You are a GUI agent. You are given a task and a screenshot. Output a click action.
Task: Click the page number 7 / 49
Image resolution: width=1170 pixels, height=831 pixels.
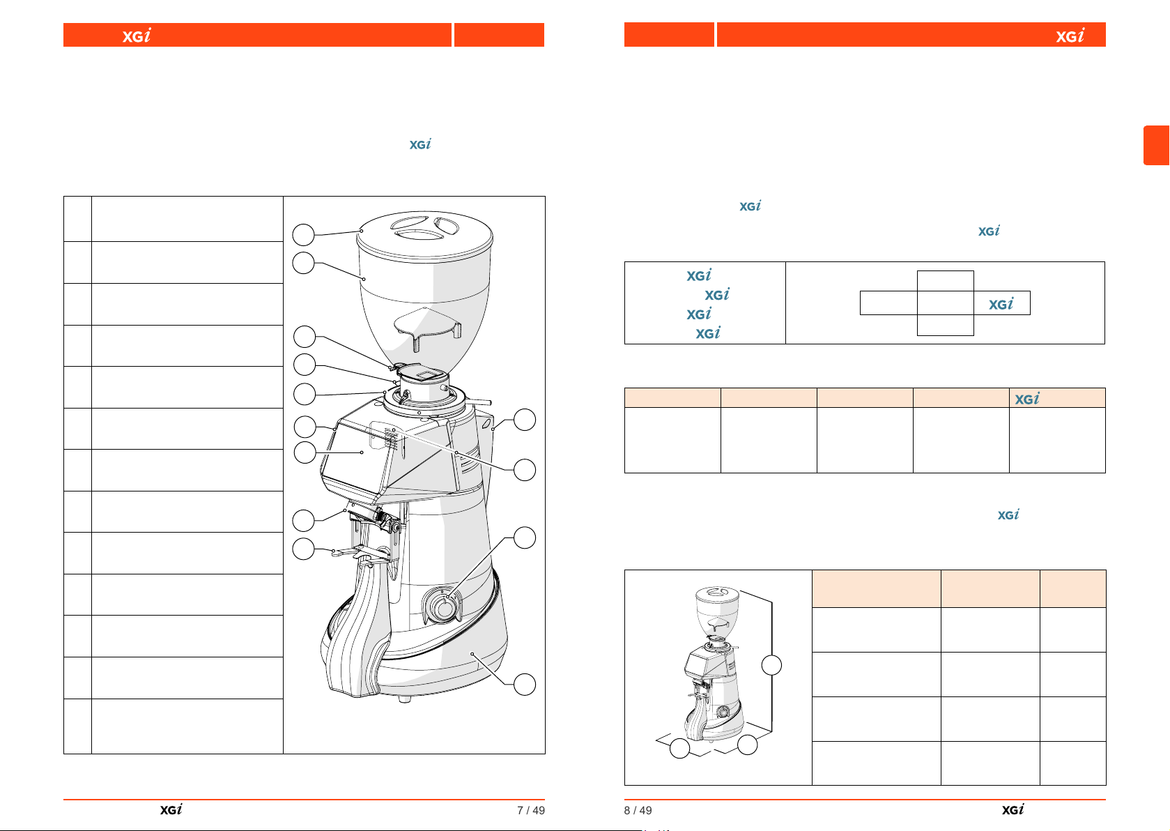(x=531, y=810)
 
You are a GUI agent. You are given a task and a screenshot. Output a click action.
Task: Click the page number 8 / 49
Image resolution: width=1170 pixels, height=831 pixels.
(x=638, y=810)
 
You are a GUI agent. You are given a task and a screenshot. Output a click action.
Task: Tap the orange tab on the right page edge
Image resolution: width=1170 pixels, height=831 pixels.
(x=1157, y=145)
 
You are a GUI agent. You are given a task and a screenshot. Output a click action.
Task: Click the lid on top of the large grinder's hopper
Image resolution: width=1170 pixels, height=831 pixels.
(x=424, y=235)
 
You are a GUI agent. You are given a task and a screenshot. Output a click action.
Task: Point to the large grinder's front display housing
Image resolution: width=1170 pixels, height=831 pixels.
(x=360, y=455)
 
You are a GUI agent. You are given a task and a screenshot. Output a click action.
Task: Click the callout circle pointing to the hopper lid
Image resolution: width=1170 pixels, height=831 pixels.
(x=303, y=235)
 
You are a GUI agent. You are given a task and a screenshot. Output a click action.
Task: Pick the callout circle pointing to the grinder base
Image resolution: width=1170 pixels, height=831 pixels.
(x=525, y=685)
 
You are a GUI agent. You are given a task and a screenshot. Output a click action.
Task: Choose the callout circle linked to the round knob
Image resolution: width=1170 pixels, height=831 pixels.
(x=525, y=538)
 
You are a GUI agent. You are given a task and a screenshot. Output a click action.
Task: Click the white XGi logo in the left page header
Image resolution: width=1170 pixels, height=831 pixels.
(x=137, y=36)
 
